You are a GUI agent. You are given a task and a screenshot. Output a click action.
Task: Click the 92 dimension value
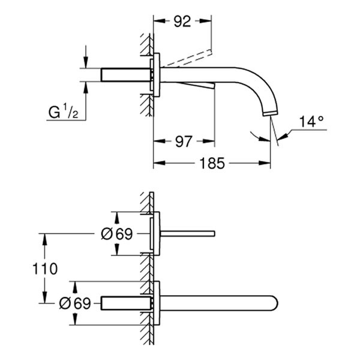click(183, 22)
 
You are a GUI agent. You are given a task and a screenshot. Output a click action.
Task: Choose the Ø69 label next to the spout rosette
click(76, 303)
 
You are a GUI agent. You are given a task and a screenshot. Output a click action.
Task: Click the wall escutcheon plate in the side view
click(157, 75)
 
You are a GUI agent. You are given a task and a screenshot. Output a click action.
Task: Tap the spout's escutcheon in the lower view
click(157, 303)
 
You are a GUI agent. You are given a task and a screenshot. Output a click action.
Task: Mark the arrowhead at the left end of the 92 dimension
click(158, 22)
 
